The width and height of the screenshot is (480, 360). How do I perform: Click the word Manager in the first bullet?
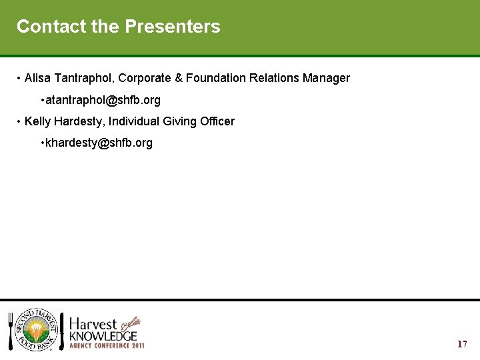click(x=326, y=79)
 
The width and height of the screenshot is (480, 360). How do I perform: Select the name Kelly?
click(x=38, y=122)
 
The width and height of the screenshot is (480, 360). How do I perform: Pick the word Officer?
click(x=216, y=122)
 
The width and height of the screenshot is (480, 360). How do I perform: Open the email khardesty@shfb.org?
click(x=99, y=143)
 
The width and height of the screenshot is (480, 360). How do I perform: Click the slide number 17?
click(x=462, y=345)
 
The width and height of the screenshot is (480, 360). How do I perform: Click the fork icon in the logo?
click(x=11, y=331)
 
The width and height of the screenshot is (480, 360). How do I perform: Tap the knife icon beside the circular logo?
click(x=62, y=331)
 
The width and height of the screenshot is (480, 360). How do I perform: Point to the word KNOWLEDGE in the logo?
click(x=103, y=336)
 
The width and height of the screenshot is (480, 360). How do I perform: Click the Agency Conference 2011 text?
click(x=107, y=346)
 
